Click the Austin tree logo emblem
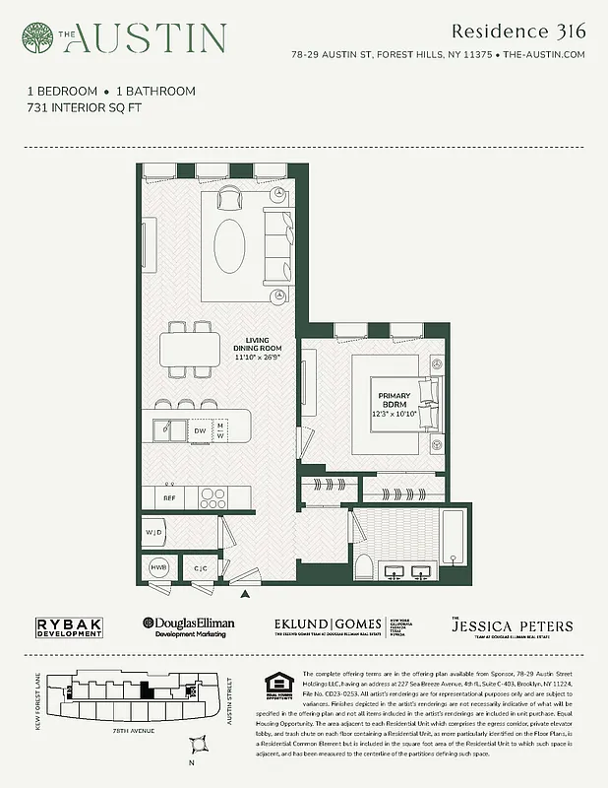tap(37, 37)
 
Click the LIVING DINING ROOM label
tap(257, 350)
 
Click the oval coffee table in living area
tap(233, 245)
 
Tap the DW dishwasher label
tap(199, 430)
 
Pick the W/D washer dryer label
tap(152, 534)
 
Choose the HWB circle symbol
tap(157, 568)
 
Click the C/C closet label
tap(200, 568)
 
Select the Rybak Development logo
tap(69, 627)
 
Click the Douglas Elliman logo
tap(191, 627)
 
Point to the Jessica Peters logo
tap(511, 627)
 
